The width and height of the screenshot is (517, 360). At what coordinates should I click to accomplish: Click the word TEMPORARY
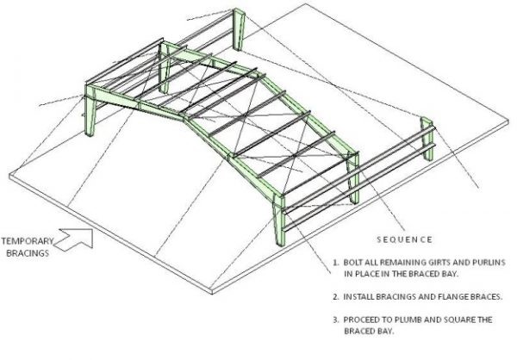[x=27, y=241]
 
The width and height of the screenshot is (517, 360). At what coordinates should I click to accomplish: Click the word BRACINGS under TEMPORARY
[x=28, y=253]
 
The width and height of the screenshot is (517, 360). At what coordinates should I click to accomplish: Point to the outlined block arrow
[x=74, y=239]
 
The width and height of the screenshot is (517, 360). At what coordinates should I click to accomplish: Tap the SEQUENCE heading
[x=404, y=239]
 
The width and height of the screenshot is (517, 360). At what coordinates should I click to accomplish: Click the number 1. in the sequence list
[x=336, y=263]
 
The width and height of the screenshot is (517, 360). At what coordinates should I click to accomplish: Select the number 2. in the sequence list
[x=336, y=297]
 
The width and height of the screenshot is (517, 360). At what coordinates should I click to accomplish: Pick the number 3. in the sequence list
[x=336, y=320]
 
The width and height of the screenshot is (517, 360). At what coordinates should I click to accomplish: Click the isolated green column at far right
[x=427, y=139]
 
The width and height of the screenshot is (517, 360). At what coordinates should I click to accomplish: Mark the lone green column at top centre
[x=239, y=29]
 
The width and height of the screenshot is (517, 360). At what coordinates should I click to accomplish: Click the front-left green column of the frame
[x=90, y=110]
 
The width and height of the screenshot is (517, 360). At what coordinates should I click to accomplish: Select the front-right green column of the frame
[x=279, y=220]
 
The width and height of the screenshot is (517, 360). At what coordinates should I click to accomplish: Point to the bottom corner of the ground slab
[x=212, y=294]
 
